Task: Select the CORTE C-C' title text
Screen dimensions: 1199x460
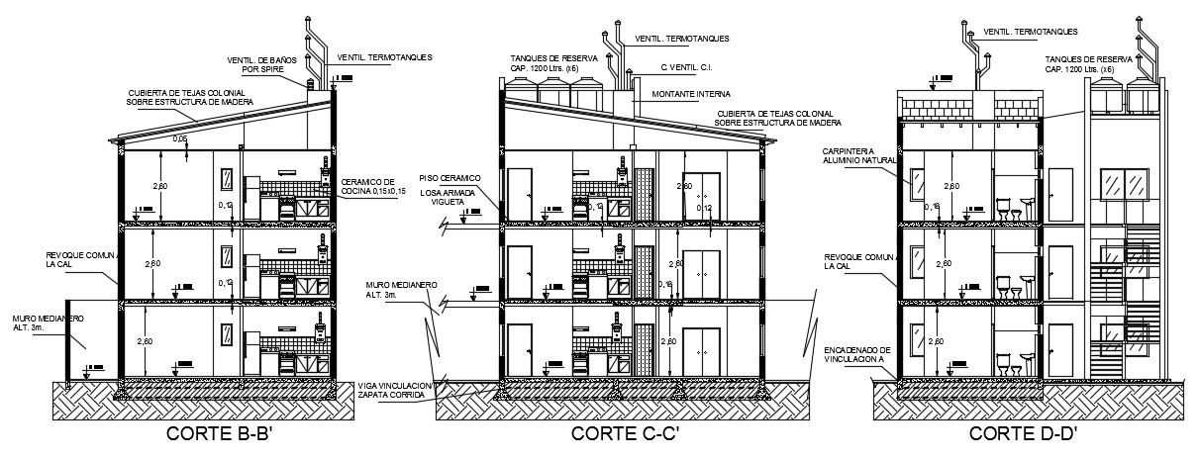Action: pos(625,433)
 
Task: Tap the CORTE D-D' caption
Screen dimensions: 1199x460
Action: pos(1023,433)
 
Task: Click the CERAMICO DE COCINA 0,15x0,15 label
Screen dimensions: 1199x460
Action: pos(368,186)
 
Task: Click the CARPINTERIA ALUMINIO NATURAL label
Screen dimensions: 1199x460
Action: pos(857,155)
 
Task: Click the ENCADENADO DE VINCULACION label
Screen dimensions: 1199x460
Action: pos(856,355)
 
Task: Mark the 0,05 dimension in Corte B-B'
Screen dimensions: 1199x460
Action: pos(180,138)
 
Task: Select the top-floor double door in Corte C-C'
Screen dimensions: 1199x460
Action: pos(701,194)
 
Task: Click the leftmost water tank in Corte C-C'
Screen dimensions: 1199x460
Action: pos(521,90)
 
